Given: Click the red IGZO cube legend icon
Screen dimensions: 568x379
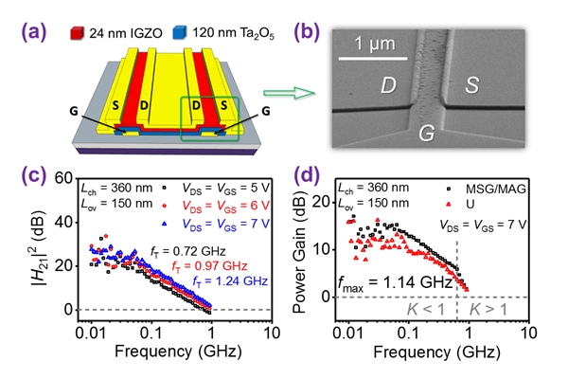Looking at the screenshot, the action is pos(78,33).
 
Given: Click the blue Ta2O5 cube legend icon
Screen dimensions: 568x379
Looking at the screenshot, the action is pos(180,32).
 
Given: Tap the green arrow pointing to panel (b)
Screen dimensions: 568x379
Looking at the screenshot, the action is pos(289,93).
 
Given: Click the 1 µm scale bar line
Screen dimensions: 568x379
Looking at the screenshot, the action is pos(373,58).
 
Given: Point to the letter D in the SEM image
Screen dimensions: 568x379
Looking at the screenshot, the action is pos(389,85).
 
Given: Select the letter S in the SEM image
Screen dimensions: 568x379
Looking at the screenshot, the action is pos(471,85).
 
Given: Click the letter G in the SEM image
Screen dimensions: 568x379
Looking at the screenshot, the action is pos(427,133).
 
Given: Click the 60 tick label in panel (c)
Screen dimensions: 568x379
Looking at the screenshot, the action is pos(63,178).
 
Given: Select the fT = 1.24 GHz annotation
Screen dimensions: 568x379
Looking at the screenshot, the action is pos(230,281).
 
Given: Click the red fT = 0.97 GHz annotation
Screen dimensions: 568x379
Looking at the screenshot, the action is pos(209,266).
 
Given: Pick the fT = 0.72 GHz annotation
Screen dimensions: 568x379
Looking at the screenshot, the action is pos(188,251).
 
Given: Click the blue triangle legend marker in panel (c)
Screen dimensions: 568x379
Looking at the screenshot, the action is pos(165,224).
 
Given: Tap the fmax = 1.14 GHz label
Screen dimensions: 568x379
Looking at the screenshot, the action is pos(395,282).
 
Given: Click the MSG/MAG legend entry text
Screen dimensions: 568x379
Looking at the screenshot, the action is pos(496,189).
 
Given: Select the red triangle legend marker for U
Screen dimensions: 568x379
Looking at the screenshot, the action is pos(449,205).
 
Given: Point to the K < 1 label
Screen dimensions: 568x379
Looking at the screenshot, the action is pos(426,310).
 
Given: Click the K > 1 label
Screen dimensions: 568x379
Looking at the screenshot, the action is pos(488,310).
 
